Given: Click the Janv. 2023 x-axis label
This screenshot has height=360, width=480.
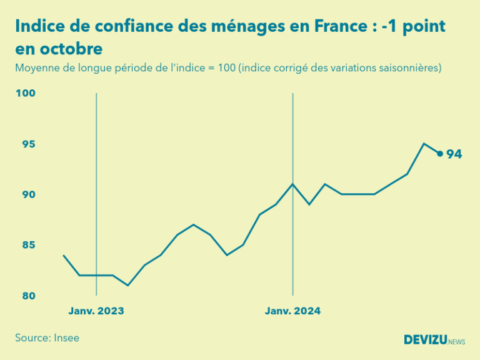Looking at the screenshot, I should (x=96, y=311).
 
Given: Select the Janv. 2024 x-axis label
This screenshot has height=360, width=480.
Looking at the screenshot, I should (x=292, y=311).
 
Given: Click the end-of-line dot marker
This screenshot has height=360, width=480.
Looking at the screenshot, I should (x=440, y=154).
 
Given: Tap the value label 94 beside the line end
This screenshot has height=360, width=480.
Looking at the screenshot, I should (x=454, y=154).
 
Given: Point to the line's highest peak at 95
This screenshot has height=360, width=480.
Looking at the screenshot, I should (x=424, y=144).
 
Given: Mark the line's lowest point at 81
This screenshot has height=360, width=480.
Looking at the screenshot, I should (x=128, y=285).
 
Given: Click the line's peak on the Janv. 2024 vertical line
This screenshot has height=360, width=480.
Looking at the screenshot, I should (x=292, y=184).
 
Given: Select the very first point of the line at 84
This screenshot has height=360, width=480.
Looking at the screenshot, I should (x=64, y=255).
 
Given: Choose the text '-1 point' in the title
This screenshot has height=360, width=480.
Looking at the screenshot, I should (x=416, y=27).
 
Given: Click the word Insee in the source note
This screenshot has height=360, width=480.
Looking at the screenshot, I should (x=66, y=337).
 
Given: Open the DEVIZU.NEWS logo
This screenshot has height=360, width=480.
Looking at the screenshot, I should (x=434, y=339).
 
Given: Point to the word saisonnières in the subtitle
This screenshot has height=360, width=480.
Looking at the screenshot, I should (x=410, y=67).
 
